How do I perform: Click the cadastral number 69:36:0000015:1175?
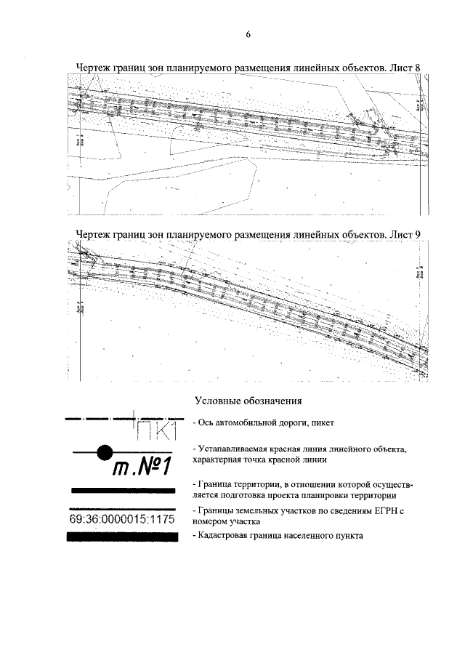tap(122, 520)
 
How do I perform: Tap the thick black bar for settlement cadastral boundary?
tap(122, 537)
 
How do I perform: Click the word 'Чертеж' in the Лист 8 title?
tap(94, 68)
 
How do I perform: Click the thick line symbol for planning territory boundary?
tap(122, 492)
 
